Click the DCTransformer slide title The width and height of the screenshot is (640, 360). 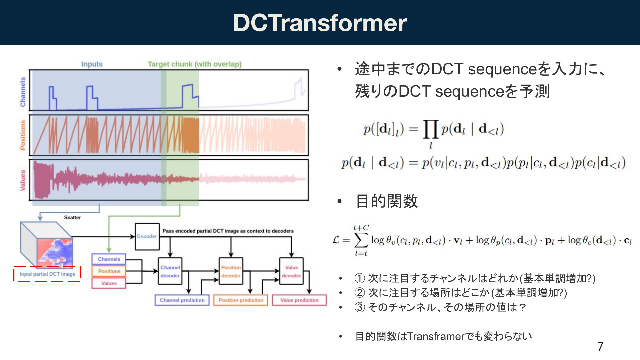tap(320, 23)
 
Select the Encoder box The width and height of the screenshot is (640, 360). tap(147, 237)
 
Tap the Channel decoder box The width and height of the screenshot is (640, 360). tap(170, 271)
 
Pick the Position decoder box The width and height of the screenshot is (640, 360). tap(231, 271)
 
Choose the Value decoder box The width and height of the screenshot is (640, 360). tap(291, 271)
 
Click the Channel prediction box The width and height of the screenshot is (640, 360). tap(182, 300)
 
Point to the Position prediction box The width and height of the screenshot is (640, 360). tap(241, 300)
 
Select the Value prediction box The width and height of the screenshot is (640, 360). tap(299, 300)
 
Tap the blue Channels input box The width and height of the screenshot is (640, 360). tap(109, 259)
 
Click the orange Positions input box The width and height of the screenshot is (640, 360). tap(109, 271)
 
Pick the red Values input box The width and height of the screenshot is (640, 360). tap(109, 283)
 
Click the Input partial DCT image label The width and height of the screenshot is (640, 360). tap(47, 274)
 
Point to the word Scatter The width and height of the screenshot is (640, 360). tap(72, 217)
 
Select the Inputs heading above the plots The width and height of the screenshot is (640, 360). tap(92, 64)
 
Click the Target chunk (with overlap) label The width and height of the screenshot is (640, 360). tap(195, 64)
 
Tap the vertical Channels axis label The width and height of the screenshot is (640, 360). tap(23, 92)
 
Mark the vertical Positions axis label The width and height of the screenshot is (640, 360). tap(23, 135)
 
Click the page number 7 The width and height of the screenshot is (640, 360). tap(600, 347)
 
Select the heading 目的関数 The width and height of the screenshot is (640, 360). tap(387, 201)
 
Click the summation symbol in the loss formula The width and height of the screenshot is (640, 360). tap(361, 240)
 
